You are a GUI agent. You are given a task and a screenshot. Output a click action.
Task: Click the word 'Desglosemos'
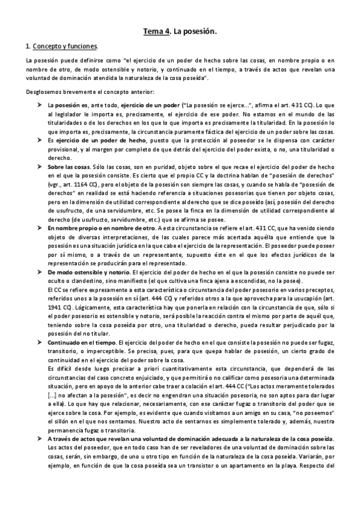[x=42, y=91]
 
